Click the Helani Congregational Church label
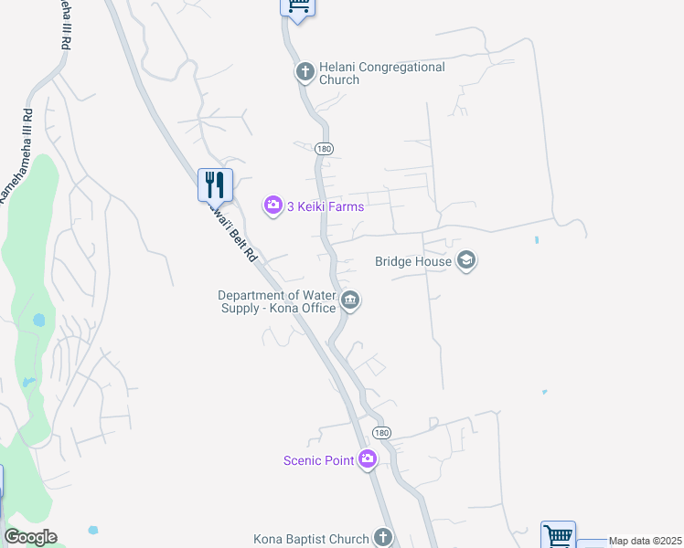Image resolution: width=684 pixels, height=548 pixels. pos(381,73)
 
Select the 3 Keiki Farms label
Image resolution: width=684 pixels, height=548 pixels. pos(326,206)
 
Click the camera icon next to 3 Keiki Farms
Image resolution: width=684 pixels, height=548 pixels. pos(273,205)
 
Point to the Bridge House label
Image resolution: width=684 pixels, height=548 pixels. pos(413,261)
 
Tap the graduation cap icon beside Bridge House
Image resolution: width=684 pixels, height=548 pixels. pos(466,261)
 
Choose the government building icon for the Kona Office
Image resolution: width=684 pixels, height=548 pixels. pos(350,300)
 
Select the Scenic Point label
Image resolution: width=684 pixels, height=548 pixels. pos(318,460)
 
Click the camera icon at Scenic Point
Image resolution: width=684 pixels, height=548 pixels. pos(368,459)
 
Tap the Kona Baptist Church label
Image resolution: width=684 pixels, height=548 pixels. pos(311,539)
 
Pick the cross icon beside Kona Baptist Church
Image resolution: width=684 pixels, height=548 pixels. pos(383,538)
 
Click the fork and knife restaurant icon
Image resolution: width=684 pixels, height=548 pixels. pos(216,184)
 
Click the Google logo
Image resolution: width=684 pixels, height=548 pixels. pos(30,537)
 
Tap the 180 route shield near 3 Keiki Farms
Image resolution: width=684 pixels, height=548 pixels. pos(324,149)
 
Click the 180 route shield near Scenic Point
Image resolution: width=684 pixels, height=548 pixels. pos(381,432)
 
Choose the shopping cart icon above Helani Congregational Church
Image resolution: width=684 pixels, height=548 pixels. pos(296,5)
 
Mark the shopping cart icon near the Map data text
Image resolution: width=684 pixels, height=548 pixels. pos(558,534)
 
